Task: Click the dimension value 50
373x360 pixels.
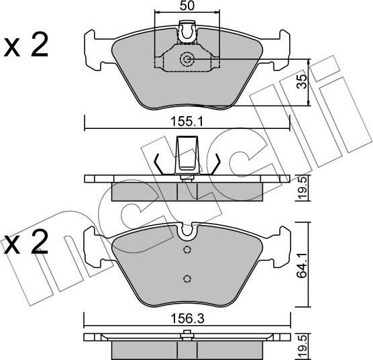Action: click(187, 6)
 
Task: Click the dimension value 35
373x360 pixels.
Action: click(303, 83)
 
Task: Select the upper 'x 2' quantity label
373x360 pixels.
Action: click(26, 46)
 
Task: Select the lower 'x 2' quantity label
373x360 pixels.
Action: click(26, 243)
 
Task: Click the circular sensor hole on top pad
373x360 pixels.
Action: click(187, 60)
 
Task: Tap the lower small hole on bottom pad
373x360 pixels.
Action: click(188, 279)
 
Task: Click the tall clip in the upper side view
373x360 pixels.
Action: click(186, 153)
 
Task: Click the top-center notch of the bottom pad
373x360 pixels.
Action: click(187, 232)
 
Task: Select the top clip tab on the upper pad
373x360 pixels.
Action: click(188, 30)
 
